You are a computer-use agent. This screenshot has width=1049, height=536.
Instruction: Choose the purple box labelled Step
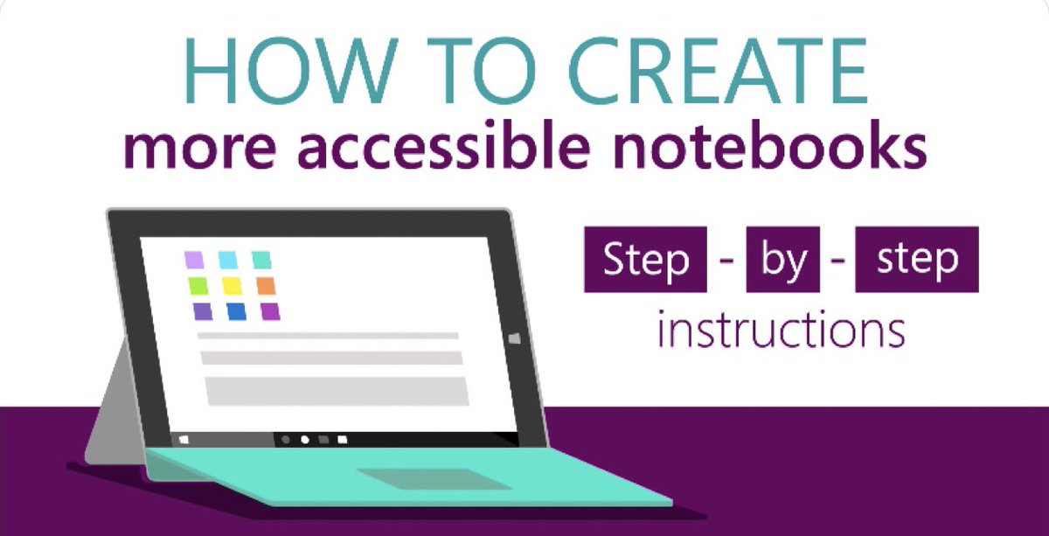(645, 259)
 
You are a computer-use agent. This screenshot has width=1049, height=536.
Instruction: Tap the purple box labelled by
(782, 259)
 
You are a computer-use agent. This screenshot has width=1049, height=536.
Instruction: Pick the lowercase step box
(916, 259)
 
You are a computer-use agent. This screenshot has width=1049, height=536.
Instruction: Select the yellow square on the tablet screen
(232, 286)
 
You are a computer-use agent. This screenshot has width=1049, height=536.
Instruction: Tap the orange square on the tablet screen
(266, 286)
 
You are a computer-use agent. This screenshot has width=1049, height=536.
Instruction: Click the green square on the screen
(198, 286)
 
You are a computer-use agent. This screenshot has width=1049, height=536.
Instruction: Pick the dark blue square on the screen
(236, 311)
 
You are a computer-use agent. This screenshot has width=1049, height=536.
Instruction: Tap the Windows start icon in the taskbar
(184, 436)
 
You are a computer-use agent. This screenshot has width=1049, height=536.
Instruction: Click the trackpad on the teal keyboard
(433, 478)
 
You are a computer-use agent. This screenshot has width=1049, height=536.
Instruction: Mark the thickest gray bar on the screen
(333, 390)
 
